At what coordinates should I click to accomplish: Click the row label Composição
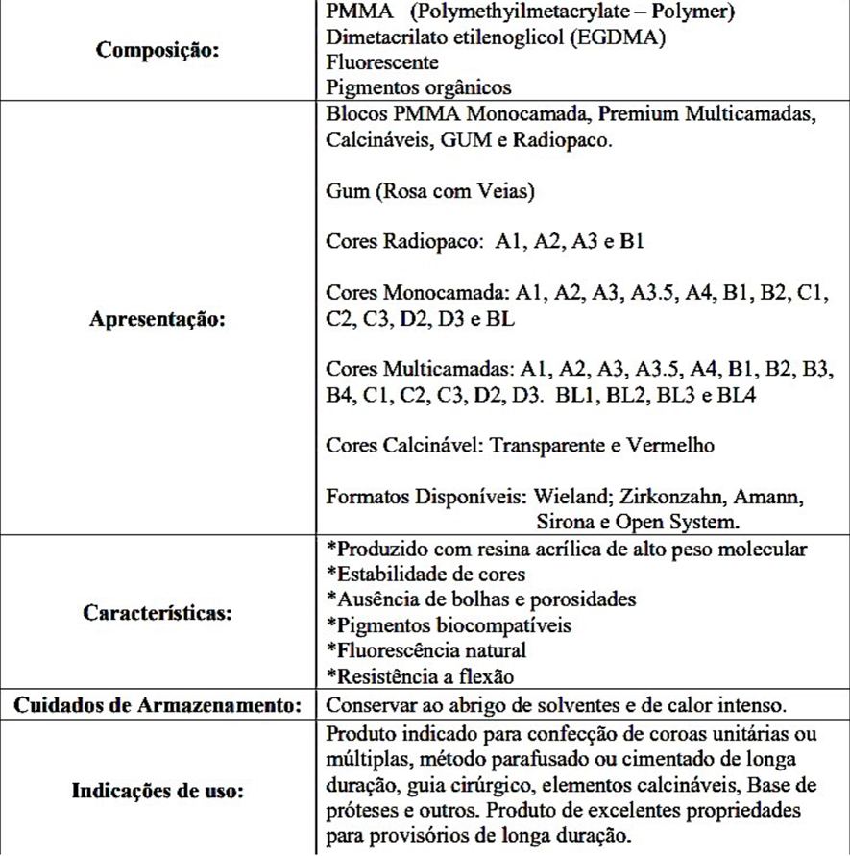tap(158, 51)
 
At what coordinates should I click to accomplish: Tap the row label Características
tap(158, 612)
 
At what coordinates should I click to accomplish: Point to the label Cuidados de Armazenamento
tap(158, 705)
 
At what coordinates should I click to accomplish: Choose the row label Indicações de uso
tap(158, 793)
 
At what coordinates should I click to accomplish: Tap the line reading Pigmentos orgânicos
tap(419, 86)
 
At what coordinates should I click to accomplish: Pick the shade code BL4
tap(734, 394)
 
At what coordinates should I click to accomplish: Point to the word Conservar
tap(371, 705)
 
